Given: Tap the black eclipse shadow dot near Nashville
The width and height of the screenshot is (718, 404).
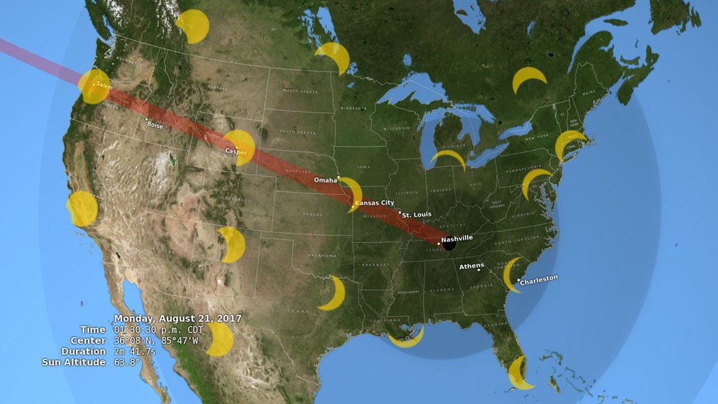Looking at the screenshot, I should (x=449, y=244).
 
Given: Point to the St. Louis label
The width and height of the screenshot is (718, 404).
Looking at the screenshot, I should (x=417, y=214).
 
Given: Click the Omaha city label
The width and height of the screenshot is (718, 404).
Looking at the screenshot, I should (x=325, y=180).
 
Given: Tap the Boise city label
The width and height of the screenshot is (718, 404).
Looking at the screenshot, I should (x=154, y=125).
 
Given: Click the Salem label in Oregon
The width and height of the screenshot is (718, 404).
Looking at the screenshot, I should (x=104, y=85).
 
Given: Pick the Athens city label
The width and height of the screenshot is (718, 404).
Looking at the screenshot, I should (x=472, y=265).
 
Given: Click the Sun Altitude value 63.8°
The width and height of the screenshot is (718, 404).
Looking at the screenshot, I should (x=128, y=362).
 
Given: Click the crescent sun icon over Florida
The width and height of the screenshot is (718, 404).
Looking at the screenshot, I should (x=519, y=374).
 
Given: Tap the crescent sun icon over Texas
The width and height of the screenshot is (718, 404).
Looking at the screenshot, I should (x=334, y=294).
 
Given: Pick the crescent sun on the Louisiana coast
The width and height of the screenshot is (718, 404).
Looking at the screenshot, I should (x=406, y=338).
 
